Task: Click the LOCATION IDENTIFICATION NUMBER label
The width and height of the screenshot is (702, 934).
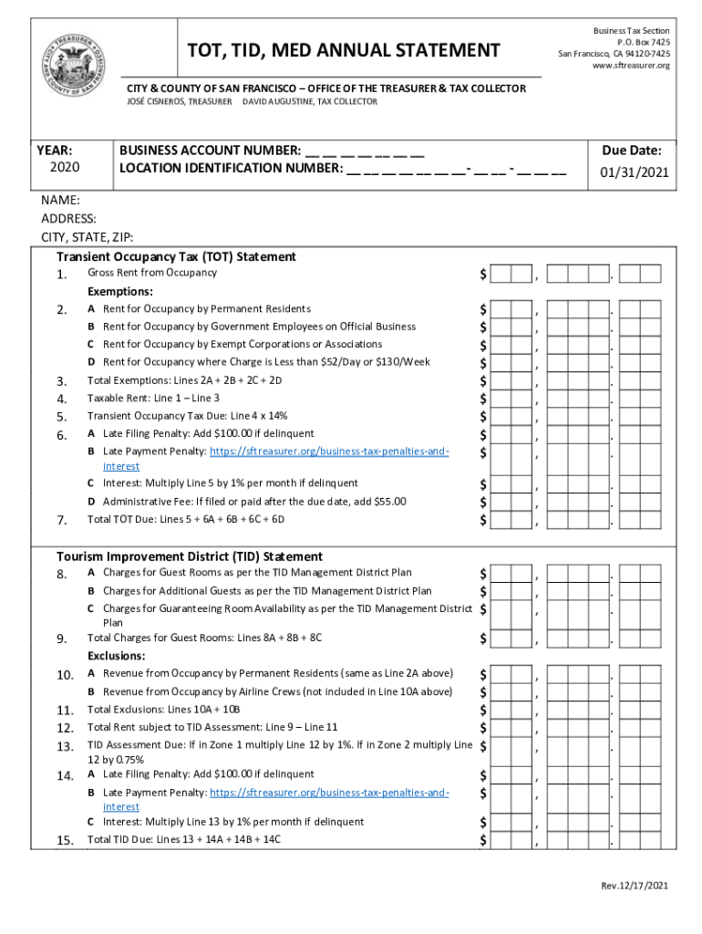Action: [231, 168]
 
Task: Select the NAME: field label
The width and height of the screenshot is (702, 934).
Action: [60, 200]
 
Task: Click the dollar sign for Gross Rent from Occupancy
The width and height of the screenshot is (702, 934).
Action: [483, 274]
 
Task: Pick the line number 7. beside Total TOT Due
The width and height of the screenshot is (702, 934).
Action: [61, 520]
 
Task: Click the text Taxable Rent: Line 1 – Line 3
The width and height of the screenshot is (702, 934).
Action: [153, 398]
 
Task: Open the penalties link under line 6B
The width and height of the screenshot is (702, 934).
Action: [328, 451]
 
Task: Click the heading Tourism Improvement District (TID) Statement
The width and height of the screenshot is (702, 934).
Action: [190, 555]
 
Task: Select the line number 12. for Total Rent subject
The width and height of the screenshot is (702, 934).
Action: [64, 727]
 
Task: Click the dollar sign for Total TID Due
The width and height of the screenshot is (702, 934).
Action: [483, 839]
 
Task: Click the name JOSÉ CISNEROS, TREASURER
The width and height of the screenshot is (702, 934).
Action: [178, 101]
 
